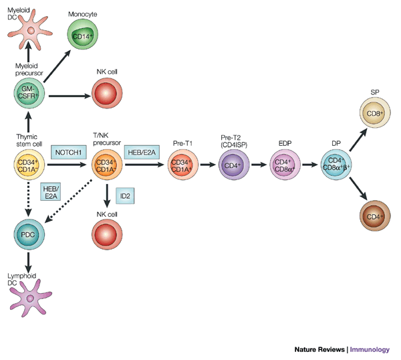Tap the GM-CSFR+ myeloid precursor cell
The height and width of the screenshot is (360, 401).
point(28,95)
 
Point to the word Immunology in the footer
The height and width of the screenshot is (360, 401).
point(372,349)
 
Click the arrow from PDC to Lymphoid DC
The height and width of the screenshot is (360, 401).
point(28,264)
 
